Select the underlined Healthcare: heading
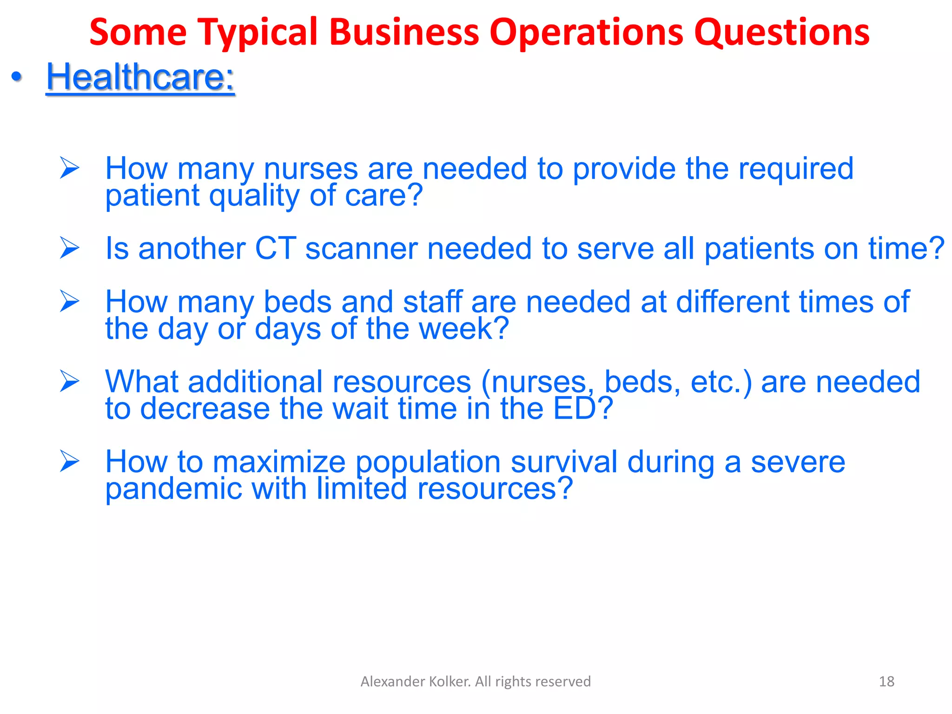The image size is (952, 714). pos(140,77)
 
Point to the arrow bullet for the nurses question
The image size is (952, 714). pos(70,168)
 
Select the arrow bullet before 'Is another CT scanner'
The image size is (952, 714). pos(70,248)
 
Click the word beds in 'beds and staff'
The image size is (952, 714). pos(297,302)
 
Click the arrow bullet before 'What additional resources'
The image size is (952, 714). pos(70,382)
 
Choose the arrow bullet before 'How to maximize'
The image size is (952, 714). pos(70,462)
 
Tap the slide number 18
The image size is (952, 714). pos(886,681)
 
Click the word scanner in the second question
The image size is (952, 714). pos(361,248)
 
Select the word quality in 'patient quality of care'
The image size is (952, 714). pos(254,196)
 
